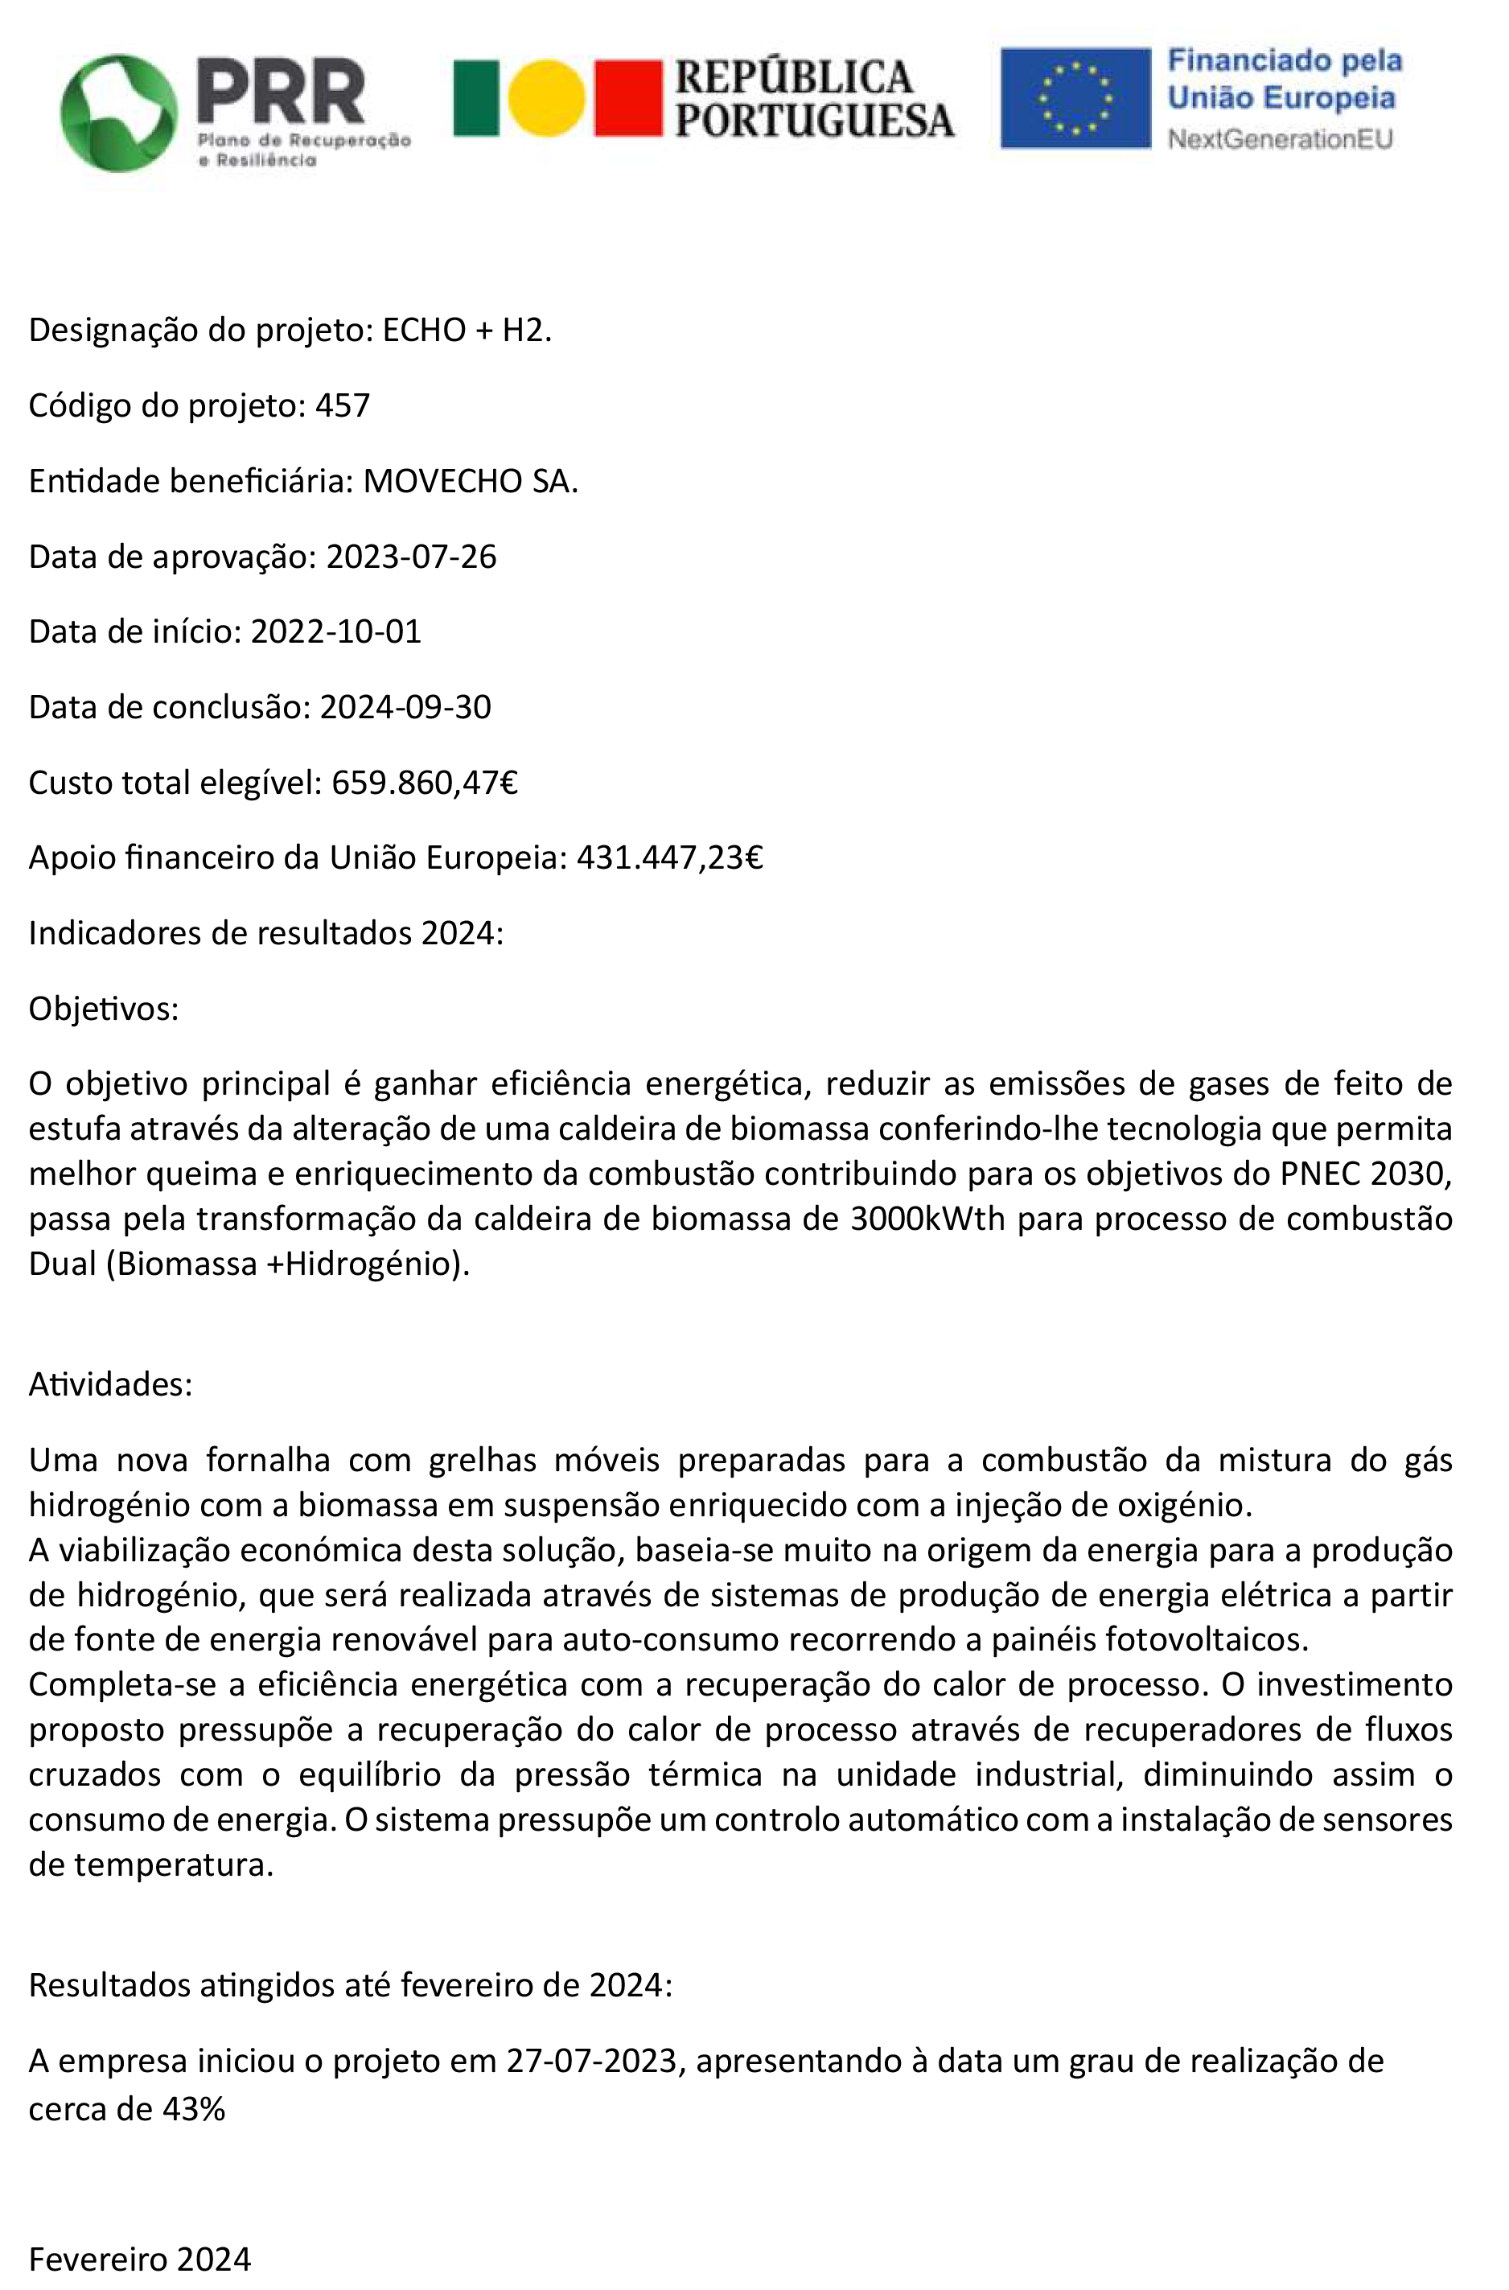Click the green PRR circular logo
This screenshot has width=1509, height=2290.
click(x=118, y=113)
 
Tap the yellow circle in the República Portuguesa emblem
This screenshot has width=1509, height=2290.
click(x=545, y=97)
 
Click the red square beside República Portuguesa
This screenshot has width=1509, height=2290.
click(x=627, y=97)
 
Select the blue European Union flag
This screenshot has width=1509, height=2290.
click(x=1075, y=98)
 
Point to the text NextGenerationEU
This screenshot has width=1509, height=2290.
click(x=1280, y=139)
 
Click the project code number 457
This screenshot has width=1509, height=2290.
click(x=343, y=406)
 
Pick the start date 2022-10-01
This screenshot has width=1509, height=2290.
click(x=336, y=632)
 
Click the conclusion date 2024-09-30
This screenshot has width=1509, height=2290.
click(x=405, y=707)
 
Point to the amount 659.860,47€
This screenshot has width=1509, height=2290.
click(x=425, y=783)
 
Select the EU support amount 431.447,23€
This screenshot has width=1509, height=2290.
click(x=670, y=857)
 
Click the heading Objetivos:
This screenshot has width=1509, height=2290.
click(x=104, y=1009)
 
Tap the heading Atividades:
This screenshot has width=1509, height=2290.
click(x=111, y=1383)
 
